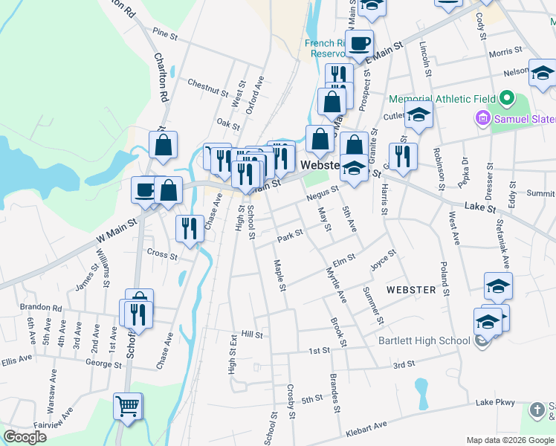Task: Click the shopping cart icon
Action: pyautogui.click(x=127, y=407)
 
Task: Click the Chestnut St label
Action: pyautogui.click(x=207, y=88)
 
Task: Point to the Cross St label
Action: pyautogui.click(x=162, y=255)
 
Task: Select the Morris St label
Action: pyautogui.click(x=506, y=54)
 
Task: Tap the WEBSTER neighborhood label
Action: pyautogui.click(x=410, y=289)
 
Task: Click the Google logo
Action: pyautogui.click(x=25, y=437)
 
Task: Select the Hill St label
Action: pyautogui.click(x=252, y=335)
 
